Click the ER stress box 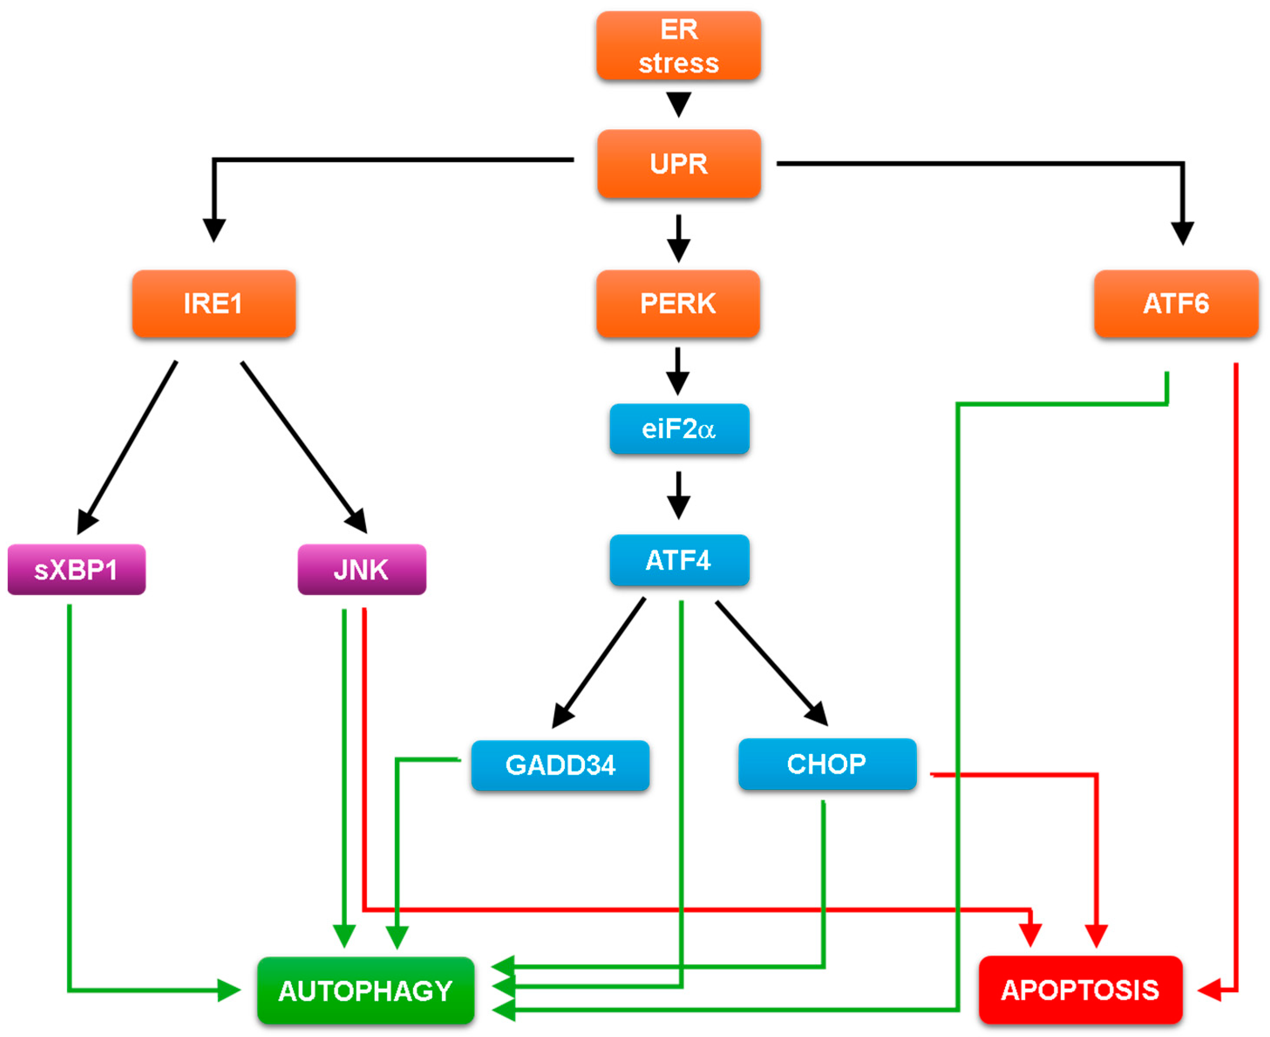point(678,46)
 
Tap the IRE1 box point(214,303)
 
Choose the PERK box point(678,303)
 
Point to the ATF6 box point(1176,303)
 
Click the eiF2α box point(679,429)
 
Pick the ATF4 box point(679,560)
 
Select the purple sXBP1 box point(76,569)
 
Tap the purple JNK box point(362,569)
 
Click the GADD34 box point(560,765)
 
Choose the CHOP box point(827,764)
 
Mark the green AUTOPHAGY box point(365,990)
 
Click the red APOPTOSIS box point(1080,990)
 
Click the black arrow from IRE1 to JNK point(303,445)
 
